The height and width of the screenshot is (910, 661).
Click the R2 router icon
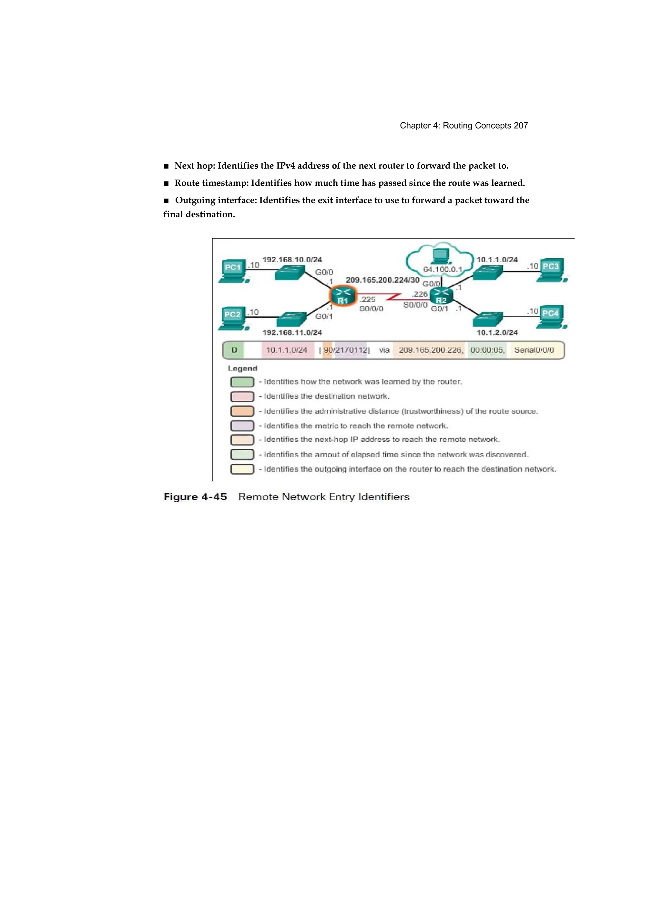click(x=441, y=296)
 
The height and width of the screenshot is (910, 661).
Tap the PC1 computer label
click(x=233, y=267)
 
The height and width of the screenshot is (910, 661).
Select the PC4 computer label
click(x=550, y=313)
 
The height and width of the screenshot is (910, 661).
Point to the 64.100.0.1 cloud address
click(x=443, y=269)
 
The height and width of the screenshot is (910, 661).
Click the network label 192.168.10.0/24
click(x=292, y=260)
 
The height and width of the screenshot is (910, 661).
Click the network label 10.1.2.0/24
click(x=497, y=332)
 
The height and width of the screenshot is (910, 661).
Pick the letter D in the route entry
click(x=234, y=350)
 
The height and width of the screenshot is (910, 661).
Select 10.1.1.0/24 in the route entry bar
click(x=287, y=350)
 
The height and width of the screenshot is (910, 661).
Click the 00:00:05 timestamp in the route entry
click(x=487, y=350)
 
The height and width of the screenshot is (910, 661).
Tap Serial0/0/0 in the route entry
click(x=534, y=350)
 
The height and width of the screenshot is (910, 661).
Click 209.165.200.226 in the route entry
click(x=430, y=350)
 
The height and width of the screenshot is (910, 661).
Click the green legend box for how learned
click(x=242, y=382)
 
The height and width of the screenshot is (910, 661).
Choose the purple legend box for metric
click(x=242, y=425)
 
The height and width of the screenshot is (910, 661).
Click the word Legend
click(x=242, y=368)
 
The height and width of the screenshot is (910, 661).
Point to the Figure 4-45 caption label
click(x=195, y=497)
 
